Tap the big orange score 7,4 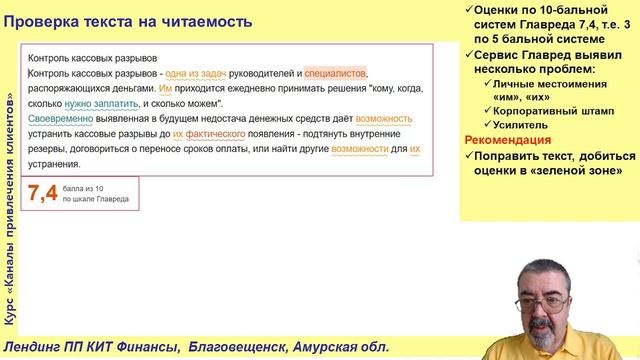(x=43, y=194)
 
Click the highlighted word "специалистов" (x=336, y=73)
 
